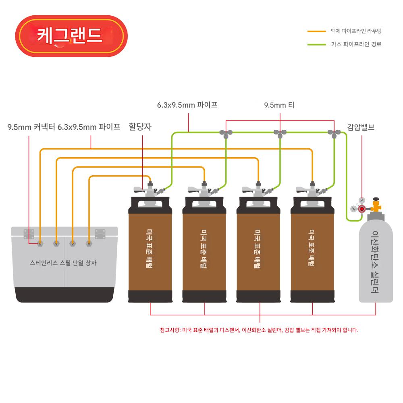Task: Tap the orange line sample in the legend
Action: (x=316, y=31)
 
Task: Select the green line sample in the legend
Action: (x=316, y=44)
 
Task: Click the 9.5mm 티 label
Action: (x=279, y=106)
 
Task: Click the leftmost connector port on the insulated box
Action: (x=40, y=243)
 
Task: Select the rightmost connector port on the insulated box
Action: (x=89, y=243)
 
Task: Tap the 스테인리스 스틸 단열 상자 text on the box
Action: (x=63, y=263)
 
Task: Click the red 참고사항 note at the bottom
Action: (x=259, y=330)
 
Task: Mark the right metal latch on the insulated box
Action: (x=100, y=233)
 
